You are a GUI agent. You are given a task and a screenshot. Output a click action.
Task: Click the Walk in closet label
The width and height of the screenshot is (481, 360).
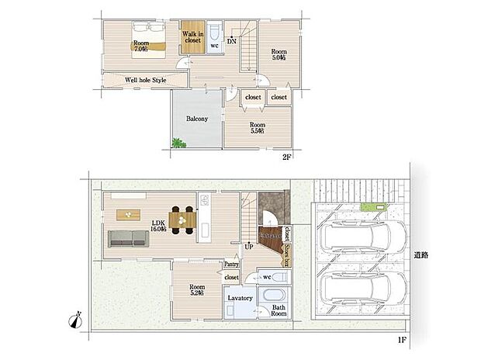(192, 38)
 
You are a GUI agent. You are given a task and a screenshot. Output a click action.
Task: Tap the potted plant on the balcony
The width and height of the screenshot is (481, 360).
(178, 142)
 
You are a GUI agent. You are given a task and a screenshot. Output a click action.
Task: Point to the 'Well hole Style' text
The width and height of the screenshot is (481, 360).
(146, 80)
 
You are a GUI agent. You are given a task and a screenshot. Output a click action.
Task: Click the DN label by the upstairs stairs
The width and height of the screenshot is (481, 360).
(231, 40)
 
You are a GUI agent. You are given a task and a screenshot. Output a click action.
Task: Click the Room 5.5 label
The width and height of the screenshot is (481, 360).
(257, 127)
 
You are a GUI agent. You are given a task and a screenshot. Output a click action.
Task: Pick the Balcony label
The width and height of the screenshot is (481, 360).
(196, 119)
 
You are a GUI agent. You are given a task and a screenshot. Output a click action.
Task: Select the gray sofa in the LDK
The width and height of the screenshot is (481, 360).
(127, 238)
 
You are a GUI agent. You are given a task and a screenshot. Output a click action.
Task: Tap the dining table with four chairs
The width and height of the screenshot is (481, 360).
(183, 220)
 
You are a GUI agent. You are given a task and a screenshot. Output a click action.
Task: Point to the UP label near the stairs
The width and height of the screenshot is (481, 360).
(248, 247)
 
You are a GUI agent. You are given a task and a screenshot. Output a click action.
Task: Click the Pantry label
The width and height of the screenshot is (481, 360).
(231, 264)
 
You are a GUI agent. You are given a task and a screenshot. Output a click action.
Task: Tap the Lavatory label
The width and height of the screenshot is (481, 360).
(239, 298)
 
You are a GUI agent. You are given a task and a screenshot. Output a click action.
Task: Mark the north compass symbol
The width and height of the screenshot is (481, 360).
(74, 317)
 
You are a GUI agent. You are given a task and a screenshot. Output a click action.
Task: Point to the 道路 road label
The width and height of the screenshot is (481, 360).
(421, 254)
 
